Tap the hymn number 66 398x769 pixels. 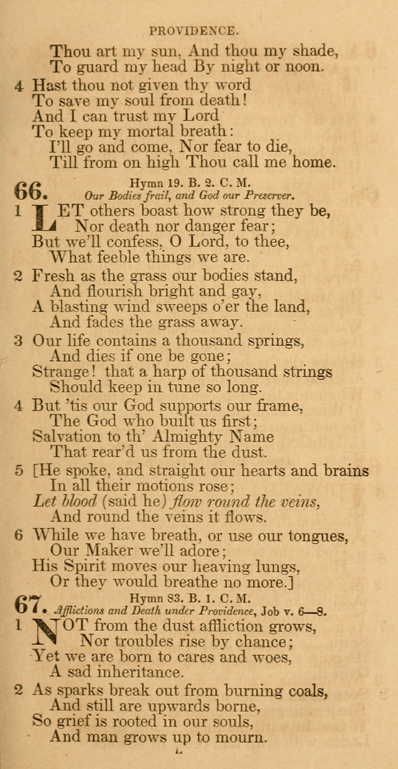click(27, 190)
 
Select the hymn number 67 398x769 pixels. click(27, 604)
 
